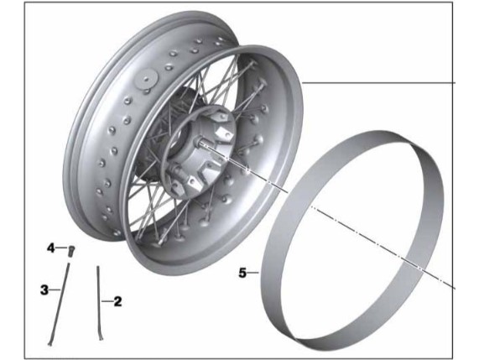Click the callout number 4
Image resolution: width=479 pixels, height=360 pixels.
[x=50, y=248]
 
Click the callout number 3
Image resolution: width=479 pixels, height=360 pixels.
[x=44, y=290]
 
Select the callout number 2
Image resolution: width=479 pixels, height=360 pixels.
[x=117, y=301]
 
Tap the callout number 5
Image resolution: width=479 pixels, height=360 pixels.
[x=242, y=273]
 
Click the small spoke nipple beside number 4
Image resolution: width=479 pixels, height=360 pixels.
[x=72, y=251]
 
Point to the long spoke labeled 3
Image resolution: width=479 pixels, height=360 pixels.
[x=60, y=304]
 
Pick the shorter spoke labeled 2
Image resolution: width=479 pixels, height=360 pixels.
[x=99, y=303]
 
